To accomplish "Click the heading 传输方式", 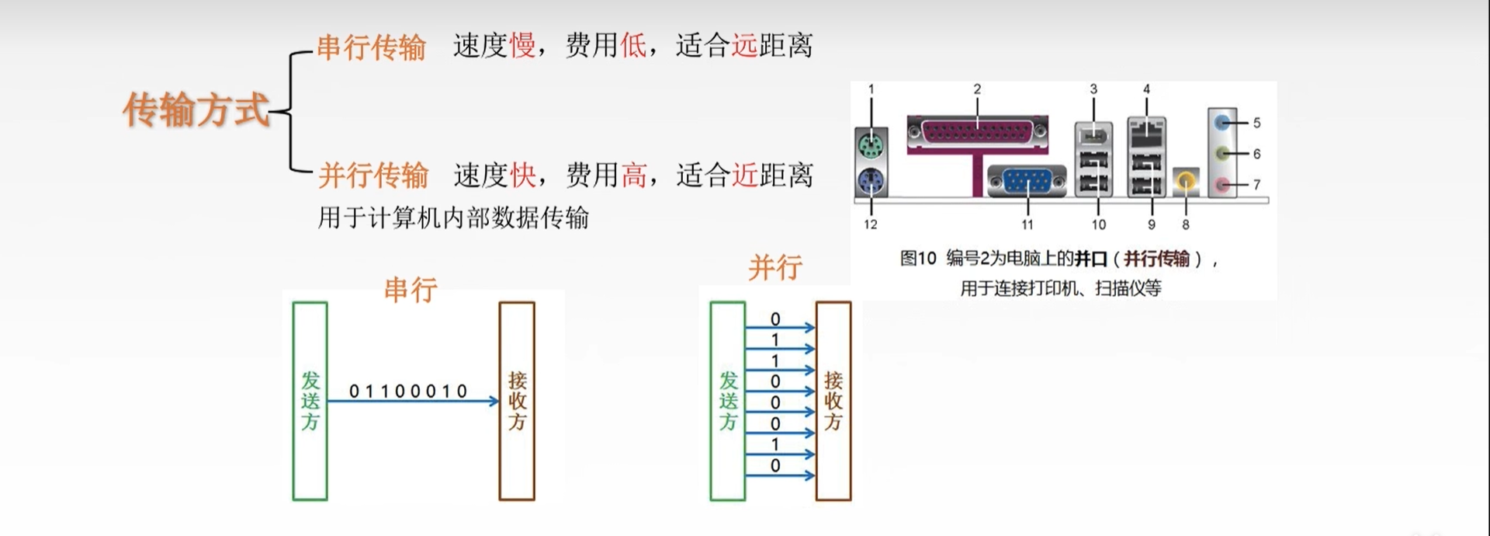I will [196, 110].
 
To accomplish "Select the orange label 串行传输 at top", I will [371, 47].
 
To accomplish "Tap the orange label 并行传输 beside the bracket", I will [372, 176].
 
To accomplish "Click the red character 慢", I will [522, 46].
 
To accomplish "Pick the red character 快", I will [522, 176].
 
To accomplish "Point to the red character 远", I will [744, 46].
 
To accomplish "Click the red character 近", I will [744, 176].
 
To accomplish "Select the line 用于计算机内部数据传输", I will [453, 218].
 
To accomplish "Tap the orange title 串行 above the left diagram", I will [411, 290].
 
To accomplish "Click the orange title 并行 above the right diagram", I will [774, 268].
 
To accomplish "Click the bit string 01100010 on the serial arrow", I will [408, 392].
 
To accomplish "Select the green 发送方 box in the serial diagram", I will [310, 401].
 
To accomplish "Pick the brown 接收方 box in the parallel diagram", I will [833, 401].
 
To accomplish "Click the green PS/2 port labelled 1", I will [871, 144].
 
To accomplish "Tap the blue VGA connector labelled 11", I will [1027, 182].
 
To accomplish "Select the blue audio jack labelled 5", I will [1223, 122].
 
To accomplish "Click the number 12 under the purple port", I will [871, 224].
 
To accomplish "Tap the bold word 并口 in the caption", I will [1090, 259].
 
